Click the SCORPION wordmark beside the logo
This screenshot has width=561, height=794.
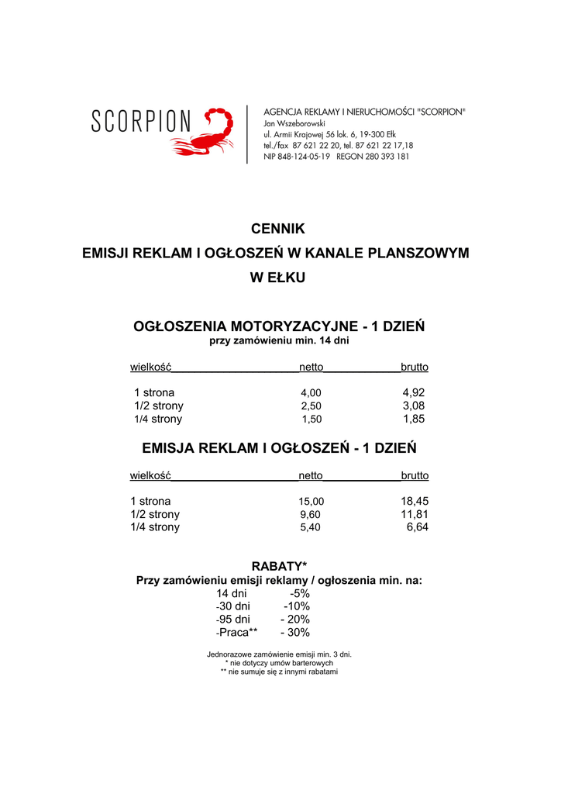pos(141,122)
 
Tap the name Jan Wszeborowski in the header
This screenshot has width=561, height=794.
pos(294,123)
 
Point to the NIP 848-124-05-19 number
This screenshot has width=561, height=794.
pos(297,156)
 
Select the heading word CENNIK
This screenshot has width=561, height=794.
pos(278,229)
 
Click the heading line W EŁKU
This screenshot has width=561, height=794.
pos(277,277)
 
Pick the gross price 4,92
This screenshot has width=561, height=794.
pos(414,392)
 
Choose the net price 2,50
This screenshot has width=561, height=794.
pos(311,406)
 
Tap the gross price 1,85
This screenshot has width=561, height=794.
pos(414,419)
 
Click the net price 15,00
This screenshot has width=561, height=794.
pos(311,501)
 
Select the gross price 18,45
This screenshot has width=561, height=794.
pos(414,501)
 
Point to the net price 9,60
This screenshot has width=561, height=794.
pos(311,514)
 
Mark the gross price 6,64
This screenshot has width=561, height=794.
pos(417,527)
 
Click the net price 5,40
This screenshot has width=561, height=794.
pos(311,527)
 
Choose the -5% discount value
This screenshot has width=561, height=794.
pos(298,593)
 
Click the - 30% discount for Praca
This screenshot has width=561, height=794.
pos(294,632)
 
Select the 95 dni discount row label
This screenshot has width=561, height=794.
pos(234,619)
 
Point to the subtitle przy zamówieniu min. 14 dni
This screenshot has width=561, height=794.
pos(279,340)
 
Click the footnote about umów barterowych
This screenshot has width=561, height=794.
pos(279,663)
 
